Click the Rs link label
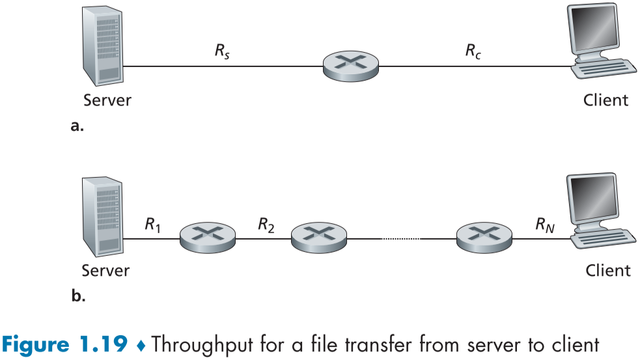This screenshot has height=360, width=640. tap(223, 51)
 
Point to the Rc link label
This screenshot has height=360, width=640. tap(473, 51)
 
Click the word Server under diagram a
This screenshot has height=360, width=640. tap(107, 100)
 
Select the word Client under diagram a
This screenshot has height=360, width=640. tap(605, 100)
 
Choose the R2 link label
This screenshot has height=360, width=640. tap(266, 225)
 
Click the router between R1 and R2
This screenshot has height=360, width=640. tap(207, 238)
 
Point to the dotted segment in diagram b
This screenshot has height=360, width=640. tap(400, 239)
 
